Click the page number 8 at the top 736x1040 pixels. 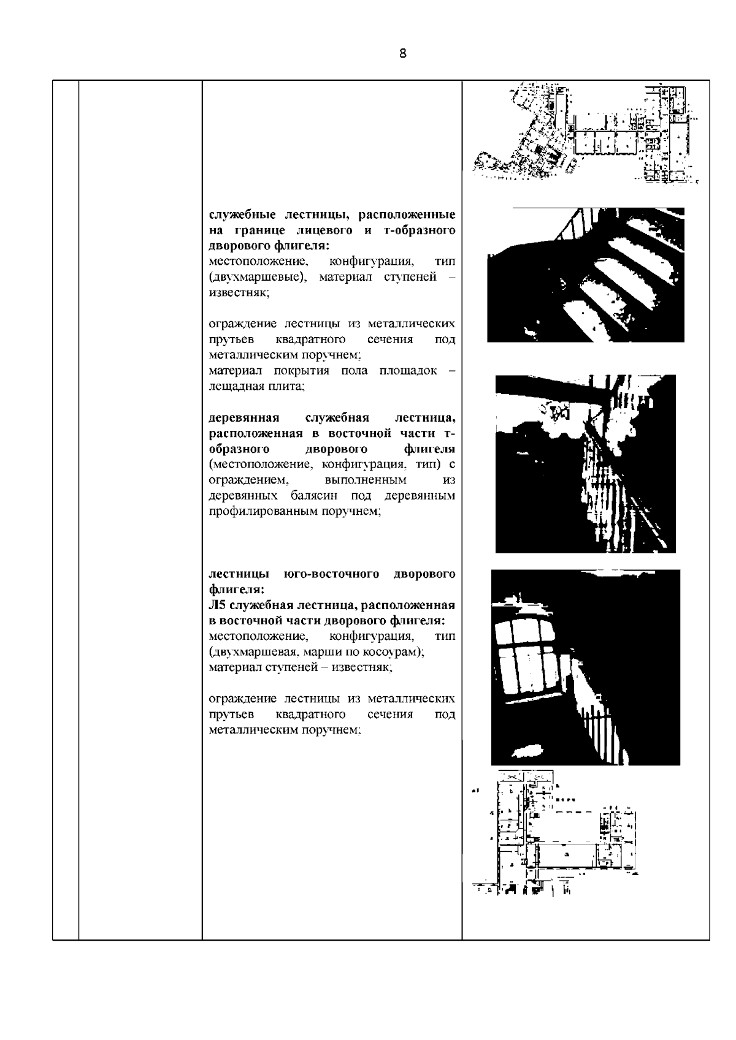(402, 53)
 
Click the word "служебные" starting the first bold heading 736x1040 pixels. (240, 215)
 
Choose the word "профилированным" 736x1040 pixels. (263, 511)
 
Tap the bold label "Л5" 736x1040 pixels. (218, 605)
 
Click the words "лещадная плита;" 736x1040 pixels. (256, 387)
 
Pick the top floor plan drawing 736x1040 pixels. (587, 132)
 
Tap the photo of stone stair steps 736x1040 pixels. (585, 275)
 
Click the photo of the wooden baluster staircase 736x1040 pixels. (585, 463)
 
